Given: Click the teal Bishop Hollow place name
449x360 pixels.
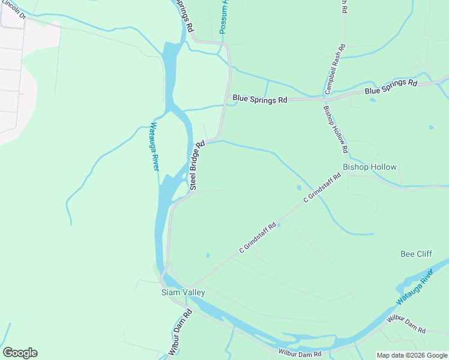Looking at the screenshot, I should pos(370,167).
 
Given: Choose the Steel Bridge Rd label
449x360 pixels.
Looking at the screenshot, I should pos(197,166).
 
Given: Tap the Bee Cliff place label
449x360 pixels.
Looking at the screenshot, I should pos(416,254).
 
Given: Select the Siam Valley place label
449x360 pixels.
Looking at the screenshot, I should pos(183,292).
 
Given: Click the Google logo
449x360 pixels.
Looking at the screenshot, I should pos(20,353).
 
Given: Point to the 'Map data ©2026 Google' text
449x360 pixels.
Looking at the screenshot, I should pos(412,355).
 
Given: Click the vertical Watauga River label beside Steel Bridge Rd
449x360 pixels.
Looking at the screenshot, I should pos(153,147).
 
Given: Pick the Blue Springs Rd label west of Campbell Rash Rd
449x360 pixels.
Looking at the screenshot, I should pos(259,100).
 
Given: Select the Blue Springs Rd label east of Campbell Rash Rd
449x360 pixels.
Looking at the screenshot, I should pos(390,86).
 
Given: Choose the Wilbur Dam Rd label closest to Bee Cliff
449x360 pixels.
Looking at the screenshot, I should pos(406,323).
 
